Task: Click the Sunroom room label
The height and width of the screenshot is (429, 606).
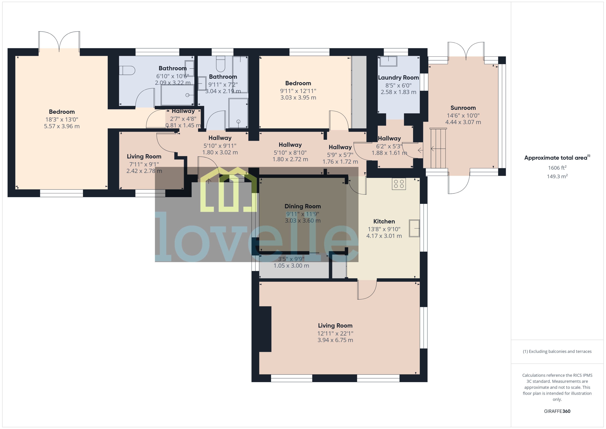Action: pyautogui.click(x=463, y=108)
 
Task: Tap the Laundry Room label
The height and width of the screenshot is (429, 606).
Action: pyautogui.click(x=398, y=78)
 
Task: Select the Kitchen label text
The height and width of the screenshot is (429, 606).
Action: pyautogui.click(x=384, y=221)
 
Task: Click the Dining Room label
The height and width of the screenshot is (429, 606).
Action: pyautogui.click(x=303, y=206)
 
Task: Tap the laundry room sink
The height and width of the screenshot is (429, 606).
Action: pyautogui.click(x=388, y=61)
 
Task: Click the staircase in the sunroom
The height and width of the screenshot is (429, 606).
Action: pyautogui.click(x=438, y=148)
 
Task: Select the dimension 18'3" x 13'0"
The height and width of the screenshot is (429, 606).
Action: pyautogui.click(x=62, y=119)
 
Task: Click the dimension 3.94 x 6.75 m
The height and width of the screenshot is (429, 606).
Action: pyautogui.click(x=335, y=340)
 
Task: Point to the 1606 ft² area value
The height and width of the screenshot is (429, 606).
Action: pyautogui.click(x=557, y=168)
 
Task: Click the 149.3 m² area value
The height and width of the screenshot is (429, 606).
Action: pyautogui.click(x=557, y=176)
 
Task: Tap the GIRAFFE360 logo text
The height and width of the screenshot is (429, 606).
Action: pyautogui.click(x=557, y=411)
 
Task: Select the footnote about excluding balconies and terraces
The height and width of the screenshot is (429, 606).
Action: pyautogui.click(x=557, y=351)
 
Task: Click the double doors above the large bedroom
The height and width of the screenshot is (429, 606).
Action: pyautogui.click(x=59, y=41)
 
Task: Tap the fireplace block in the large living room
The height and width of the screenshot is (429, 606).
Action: pyautogui.click(x=265, y=329)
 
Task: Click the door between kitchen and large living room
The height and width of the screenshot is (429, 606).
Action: pyautogui.click(x=367, y=290)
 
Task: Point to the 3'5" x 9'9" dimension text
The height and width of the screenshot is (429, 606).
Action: pyautogui.click(x=291, y=259)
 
